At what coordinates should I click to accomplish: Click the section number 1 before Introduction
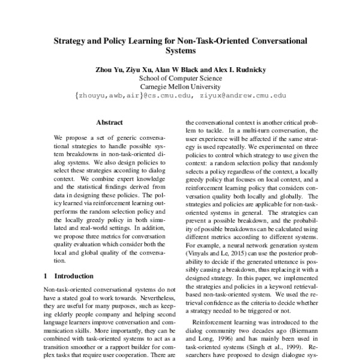pyautogui.click(x=47, y=277)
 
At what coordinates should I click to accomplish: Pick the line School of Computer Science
pyautogui.click(x=179, y=77)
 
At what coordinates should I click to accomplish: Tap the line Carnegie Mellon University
pyautogui.click(x=179, y=86)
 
